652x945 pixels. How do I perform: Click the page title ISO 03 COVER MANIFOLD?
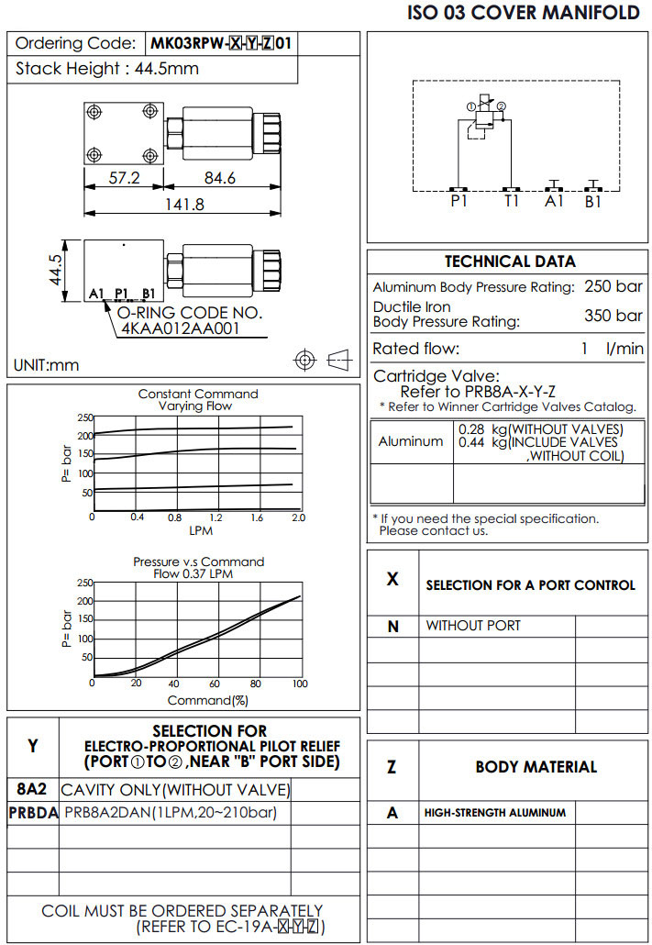point(524,13)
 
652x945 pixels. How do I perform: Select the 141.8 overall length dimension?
point(184,205)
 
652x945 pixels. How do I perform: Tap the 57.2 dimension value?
point(124,178)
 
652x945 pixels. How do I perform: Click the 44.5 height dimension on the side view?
point(56,271)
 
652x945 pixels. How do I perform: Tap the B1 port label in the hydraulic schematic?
point(593,201)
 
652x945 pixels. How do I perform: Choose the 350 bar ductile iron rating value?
point(613,316)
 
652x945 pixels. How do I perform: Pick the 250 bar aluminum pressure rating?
point(613,286)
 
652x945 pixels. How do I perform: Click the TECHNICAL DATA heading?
point(510,261)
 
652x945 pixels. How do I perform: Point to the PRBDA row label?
point(33,812)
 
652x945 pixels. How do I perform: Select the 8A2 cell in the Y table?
point(33,789)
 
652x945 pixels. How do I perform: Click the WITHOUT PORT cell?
point(473,626)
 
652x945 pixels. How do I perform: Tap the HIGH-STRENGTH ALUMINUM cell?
point(495,812)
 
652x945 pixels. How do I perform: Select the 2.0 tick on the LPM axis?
point(297,517)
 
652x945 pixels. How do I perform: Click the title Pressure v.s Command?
point(199,561)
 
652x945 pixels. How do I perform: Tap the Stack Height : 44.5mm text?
point(107,69)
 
